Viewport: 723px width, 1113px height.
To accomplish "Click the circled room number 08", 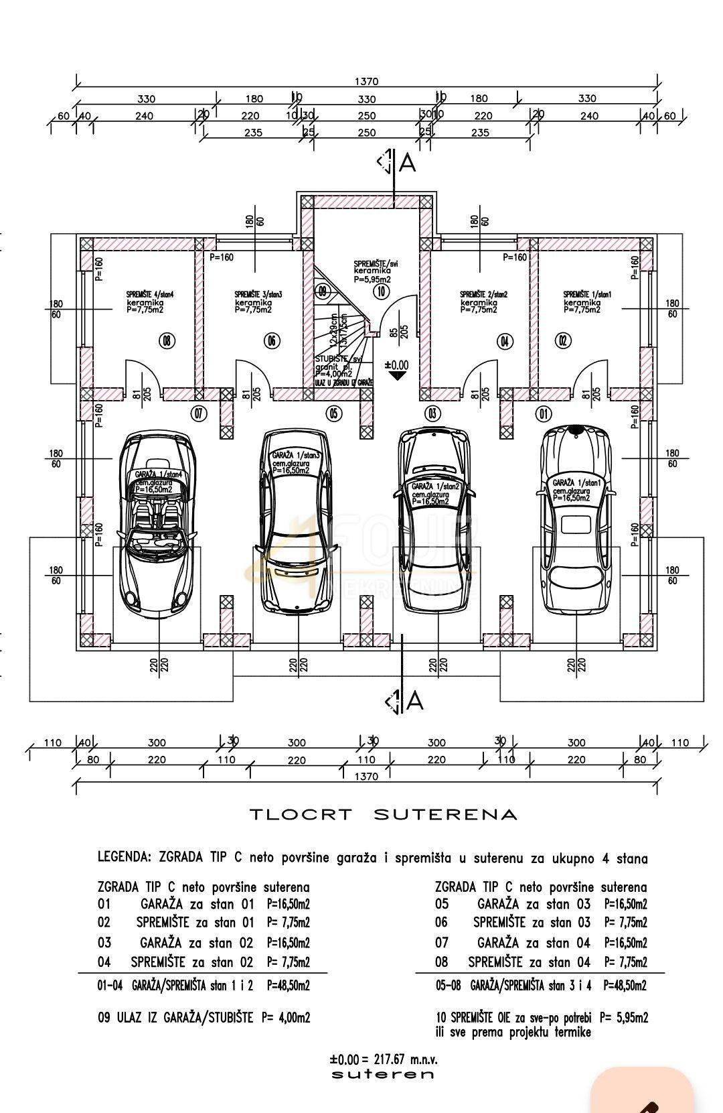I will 165,341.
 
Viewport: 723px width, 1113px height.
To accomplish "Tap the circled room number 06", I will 271,341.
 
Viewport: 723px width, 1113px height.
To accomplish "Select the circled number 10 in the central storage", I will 381,291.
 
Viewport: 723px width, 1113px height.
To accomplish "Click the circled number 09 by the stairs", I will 323,291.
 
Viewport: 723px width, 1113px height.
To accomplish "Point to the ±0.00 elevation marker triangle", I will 396,376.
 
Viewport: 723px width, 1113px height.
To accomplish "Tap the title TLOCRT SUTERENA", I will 384,815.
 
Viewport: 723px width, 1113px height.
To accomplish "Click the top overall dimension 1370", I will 366,81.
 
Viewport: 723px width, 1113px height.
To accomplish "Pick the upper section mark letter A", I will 406,163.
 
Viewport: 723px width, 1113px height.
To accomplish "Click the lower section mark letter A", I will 414,701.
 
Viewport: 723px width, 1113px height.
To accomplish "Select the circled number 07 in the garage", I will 198,413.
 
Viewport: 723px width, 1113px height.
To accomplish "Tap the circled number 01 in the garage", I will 543,413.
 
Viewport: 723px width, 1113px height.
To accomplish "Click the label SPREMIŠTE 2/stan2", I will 483,294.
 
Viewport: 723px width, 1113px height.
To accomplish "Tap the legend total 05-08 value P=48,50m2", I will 625,986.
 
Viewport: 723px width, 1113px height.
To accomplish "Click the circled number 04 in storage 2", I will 504,341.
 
